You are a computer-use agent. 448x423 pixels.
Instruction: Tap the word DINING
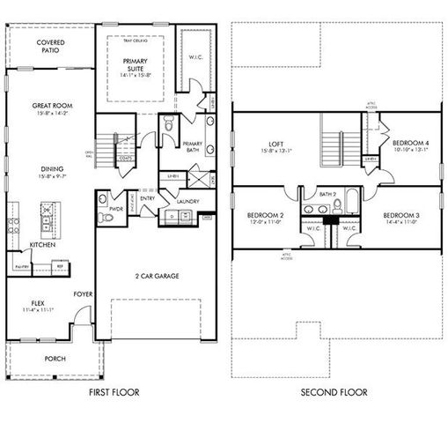[x=50, y=169]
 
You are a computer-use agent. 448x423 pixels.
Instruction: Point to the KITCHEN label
[x=41, y=245]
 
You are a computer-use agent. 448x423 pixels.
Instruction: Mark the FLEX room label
[x=33, y=302]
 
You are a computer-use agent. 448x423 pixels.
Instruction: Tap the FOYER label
[x=83, y=295]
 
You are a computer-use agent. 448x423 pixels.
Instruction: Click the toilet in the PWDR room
[x=105, y=217]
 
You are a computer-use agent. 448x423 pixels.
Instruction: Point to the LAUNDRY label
[x=187, y=202]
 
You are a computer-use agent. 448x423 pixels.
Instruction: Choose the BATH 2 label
[x=327, y=194]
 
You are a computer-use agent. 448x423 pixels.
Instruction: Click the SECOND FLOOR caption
[x=334, y=392]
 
